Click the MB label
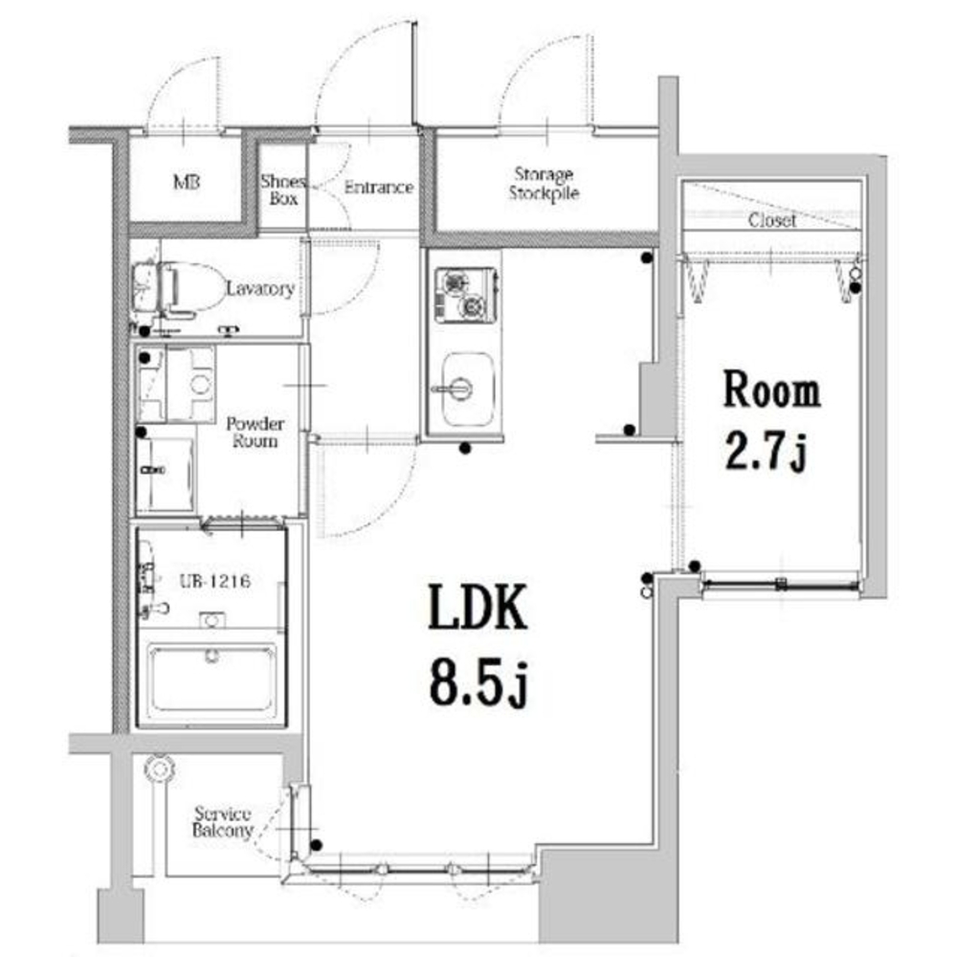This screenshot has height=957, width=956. click(x=187, y=182)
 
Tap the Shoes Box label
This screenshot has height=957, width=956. click(x=283, y=189)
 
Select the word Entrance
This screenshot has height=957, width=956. click(x=379, y=187)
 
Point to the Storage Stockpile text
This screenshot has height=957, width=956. click(x=544, y=183)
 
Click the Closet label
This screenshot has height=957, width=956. click(x=772, y=220)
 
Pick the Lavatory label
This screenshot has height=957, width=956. click(x=260, y=288)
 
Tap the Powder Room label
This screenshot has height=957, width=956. click(x=256, y=432)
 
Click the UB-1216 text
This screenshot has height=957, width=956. click(x=215, y=581)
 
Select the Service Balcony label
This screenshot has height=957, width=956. click(x=222, y=821)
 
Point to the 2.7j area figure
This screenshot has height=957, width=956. click(x=767, y=453)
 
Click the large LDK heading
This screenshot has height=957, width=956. click(x=478, y=607)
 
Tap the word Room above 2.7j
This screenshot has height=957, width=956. click(x=771, y=389)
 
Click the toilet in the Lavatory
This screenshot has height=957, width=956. click(x=183, y=288)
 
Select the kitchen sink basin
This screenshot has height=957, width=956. click(x=467, y=389)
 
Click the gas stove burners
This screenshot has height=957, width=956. click(x=465, y=295)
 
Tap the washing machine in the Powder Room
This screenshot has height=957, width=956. click(x=176, y=384)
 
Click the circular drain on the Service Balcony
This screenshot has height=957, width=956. click(x=160, y=769)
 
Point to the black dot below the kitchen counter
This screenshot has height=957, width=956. click(x=465, y=449)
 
